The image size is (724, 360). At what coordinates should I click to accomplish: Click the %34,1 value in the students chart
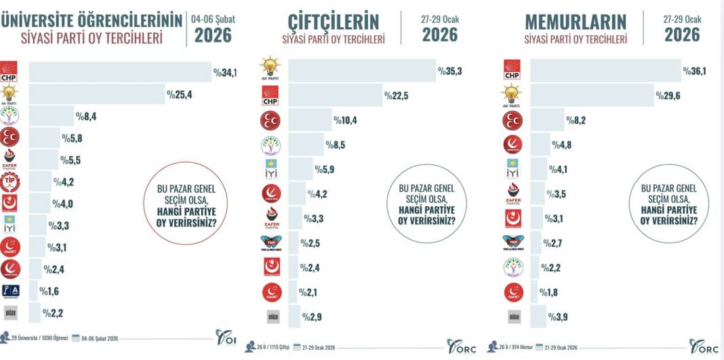(x=225, y=72)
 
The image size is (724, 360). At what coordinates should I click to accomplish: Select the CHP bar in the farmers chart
(x=335, y=96)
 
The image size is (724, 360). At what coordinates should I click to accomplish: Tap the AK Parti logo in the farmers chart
(x=270, y=70)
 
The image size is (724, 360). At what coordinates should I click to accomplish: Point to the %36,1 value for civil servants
(x=696, y=71)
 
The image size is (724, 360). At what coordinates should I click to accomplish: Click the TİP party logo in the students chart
(x=9, y=182)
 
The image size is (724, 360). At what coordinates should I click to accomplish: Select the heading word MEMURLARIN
(x=576, y=21)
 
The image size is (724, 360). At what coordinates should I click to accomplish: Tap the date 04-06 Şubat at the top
(x=212, y=20)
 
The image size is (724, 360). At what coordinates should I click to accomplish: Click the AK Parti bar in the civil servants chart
(x=590, y=96)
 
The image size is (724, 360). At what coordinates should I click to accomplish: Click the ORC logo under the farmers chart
(x=462, y=346)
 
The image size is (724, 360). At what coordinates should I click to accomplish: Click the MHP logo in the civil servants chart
(x=512, y=120)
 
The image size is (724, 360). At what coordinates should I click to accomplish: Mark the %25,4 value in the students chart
(x=179, y=95)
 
